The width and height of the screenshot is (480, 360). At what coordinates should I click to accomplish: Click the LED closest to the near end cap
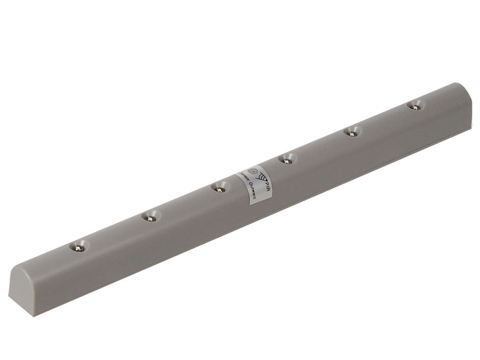78,247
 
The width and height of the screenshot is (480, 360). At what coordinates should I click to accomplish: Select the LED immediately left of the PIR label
218,187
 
